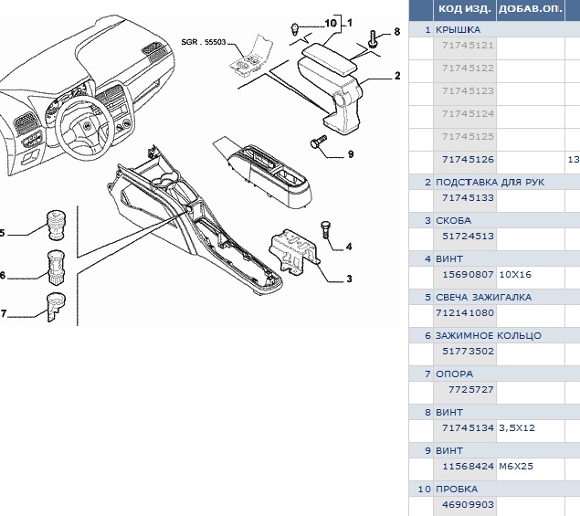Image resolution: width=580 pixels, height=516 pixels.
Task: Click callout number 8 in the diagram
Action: (396, 32)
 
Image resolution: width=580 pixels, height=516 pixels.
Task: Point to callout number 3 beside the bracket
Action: (349, 278)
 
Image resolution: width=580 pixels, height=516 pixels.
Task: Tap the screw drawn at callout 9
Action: (319, 142)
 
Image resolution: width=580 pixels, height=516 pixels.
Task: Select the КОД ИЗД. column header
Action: (465, 10)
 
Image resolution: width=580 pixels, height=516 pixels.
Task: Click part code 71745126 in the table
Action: (467, 159)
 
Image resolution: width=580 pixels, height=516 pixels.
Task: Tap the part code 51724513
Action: (467, 236)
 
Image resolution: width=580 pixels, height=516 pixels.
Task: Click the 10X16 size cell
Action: (515, 274)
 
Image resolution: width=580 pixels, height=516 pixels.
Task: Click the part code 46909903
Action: (467, 504)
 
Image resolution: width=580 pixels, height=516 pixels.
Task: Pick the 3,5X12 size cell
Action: (517, 427)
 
